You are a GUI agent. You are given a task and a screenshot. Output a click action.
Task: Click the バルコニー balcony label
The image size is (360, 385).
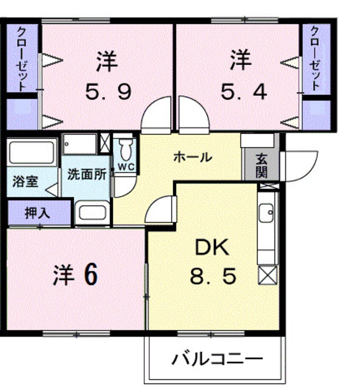(x=217, y=359)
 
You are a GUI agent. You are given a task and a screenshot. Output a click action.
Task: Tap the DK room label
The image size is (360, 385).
(x=212, y=247)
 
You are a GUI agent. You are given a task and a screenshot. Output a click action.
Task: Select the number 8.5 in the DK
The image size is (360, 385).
(x=212, y=277)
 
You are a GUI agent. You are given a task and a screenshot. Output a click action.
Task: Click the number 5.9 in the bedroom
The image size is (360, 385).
(x=108, y=91)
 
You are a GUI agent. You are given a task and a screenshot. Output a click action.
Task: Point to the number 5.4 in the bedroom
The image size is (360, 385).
(x=243, y=91)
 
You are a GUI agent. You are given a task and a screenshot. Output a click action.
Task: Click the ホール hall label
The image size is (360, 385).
(x=192, y=158)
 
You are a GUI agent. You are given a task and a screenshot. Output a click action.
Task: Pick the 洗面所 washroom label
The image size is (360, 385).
(x=87, y=175)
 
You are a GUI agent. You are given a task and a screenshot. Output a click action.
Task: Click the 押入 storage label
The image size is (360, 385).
(x=37, y=213)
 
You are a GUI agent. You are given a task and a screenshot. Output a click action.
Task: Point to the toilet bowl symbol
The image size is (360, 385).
(x=125, y=149)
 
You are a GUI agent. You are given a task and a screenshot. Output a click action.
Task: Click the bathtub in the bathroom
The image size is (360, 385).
(x=31, y=152)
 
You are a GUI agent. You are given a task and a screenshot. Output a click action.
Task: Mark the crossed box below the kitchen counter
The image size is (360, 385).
(x=267, y=275)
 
